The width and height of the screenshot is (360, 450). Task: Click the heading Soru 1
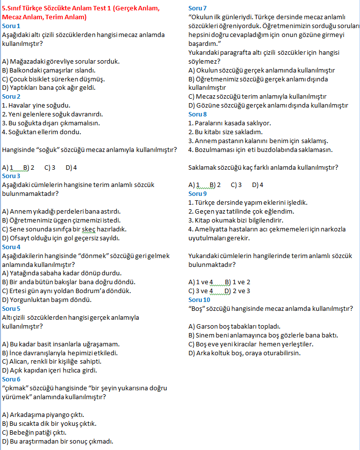11,26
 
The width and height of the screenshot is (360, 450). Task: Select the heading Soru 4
11,247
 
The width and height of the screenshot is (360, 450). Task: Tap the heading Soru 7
198,8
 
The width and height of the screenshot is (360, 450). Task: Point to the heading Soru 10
199,300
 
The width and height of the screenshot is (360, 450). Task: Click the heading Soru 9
198,194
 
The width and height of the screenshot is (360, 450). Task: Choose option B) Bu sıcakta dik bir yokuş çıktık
49,423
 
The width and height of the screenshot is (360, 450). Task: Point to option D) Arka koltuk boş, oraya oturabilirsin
245,353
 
